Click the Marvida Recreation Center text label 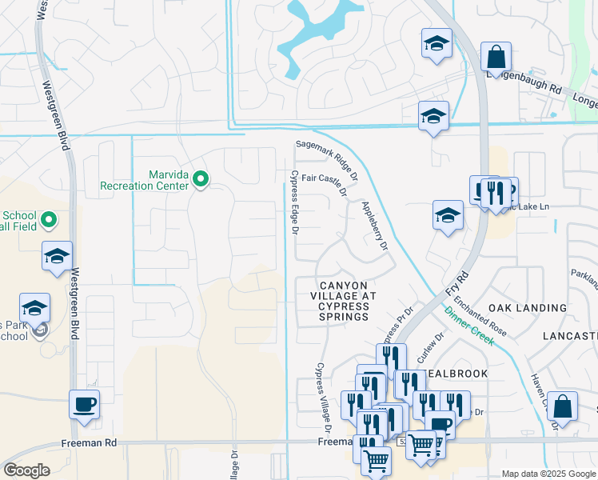(x=144, y=180)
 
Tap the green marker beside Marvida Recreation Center (x=201, y=180)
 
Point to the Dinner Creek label (x=471, y=326)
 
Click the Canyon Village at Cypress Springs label (x=344, y=301)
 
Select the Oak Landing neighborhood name (x=532, y=307)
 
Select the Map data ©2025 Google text (x=548, y=474)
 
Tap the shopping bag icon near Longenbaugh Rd (x=496, y=58)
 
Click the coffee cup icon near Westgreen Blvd (x=84, y=405)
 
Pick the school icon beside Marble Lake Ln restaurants (x=448, y=215)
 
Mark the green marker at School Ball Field (x=49, y=218)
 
